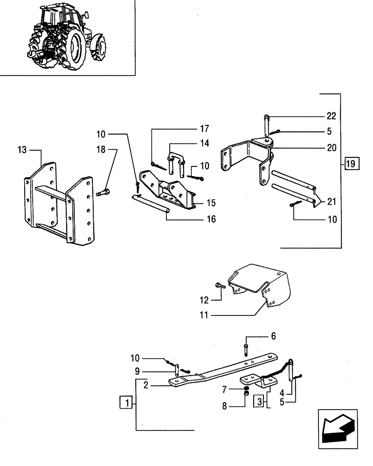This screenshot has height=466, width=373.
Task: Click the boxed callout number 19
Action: coord(350,164)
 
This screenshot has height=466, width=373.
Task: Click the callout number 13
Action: coord(22,150)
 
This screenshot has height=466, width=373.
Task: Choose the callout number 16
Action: coord(211,219)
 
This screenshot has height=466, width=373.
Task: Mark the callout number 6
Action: coord(274,336)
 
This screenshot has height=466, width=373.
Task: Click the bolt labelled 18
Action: coord(103,192)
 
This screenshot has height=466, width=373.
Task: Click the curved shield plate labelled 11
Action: coord(261,284)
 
